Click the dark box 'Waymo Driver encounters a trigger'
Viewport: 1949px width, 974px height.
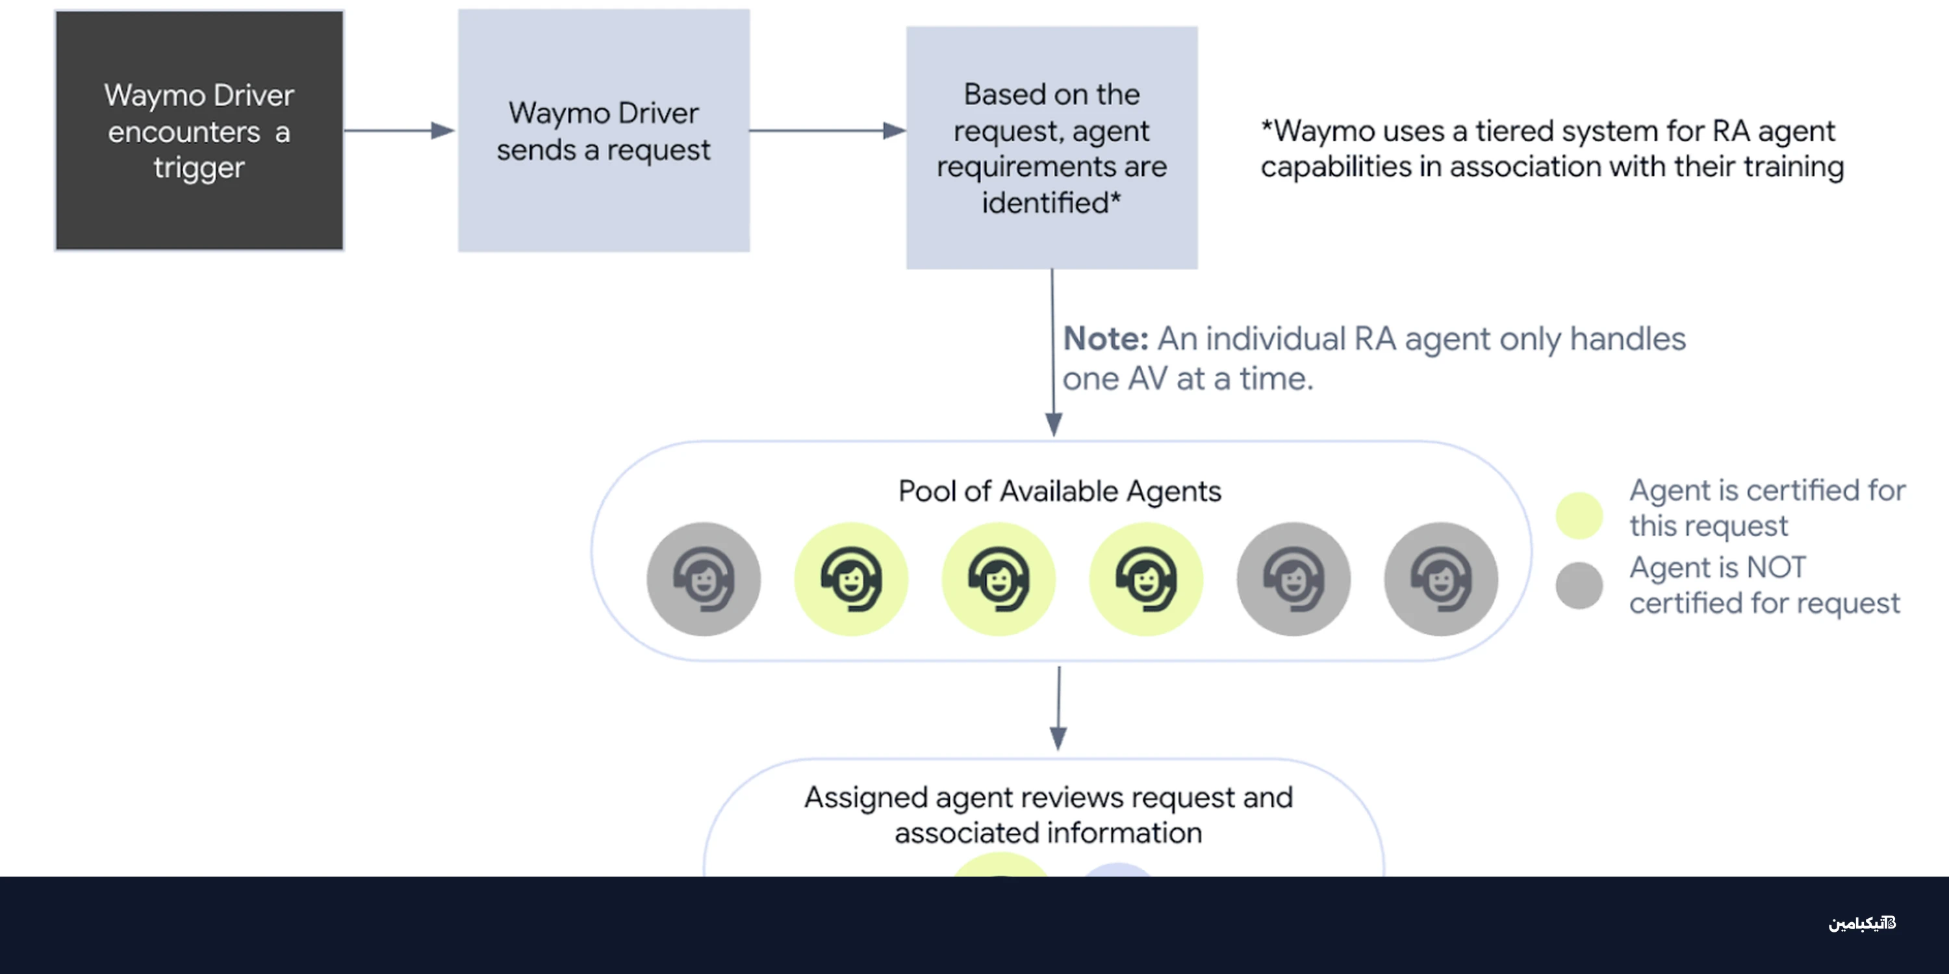click(199, 130)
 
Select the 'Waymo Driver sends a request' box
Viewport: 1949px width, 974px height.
click(603, 130)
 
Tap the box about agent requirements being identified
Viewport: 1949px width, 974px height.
click(1052, 147)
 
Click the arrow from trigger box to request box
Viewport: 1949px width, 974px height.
click(400, 130)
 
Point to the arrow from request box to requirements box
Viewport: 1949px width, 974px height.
click(828, 130)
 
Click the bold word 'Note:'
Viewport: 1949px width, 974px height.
click(1105, 339)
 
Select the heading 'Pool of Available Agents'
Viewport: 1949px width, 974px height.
click(1059, 492)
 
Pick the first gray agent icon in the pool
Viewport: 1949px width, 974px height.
click(703, 579)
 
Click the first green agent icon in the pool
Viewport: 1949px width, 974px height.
click(850, 579)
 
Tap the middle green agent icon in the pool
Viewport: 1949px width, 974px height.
click(998, 579)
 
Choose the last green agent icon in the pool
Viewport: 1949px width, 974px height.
click(1145, 579)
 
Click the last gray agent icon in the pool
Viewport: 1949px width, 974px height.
click(1440, 579)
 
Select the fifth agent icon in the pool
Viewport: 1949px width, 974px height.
click(1293, 579)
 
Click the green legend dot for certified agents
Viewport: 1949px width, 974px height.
click(1579, 516)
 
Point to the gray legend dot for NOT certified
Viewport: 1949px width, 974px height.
click(1579, 585)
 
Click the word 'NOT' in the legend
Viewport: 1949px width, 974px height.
click(1775, 567)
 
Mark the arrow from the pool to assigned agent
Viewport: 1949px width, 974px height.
click(1058, 707)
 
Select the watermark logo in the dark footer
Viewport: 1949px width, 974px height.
click(1862, 923)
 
